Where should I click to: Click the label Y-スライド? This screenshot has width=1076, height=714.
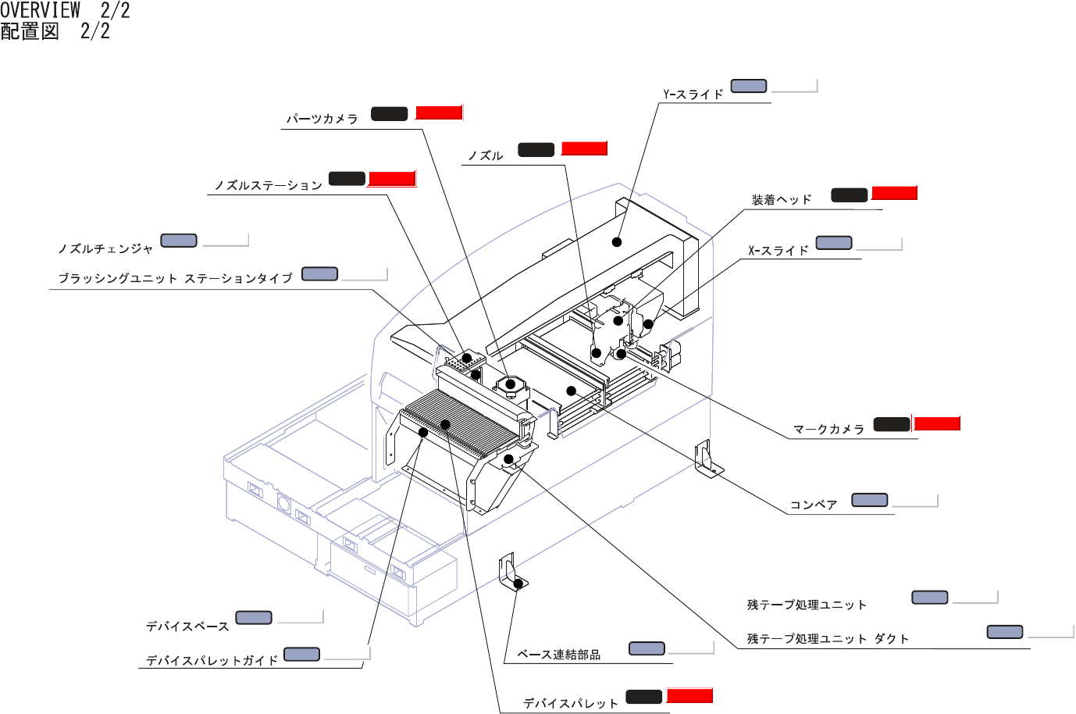click(x=693, y=95)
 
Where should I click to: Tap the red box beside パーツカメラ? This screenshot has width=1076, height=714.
click(x=439, y=112)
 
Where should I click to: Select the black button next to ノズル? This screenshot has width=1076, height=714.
click(x=536, y=149)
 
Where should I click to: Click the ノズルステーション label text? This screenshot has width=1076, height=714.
click(x=268, y=185)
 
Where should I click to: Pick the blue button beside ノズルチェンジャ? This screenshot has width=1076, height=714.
click(x=179, y=241)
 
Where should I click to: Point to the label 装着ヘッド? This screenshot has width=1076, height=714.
click(x=782, y=199)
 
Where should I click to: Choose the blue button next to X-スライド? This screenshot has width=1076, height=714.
click(x=834, y=243)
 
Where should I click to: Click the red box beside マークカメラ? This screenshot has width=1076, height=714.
click(x=937, y=423)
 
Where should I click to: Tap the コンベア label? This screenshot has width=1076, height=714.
click(x=814, y=505)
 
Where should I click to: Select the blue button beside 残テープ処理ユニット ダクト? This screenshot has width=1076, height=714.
click(x=1005, y=632)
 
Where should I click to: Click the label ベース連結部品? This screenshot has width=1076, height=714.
click(x=558, y=655)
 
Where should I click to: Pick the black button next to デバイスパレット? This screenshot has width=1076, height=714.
click(x=643, y=697)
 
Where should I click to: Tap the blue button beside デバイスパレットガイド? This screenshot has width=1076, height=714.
click(x=301, y=654)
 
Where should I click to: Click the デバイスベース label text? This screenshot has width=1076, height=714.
click(x=187, y=627)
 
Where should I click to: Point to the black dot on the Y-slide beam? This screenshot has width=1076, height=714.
click(x=617, y=242)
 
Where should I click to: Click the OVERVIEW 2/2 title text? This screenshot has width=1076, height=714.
click(x=65, y=11)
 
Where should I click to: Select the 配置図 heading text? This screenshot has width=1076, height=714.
click(x=30, y=31)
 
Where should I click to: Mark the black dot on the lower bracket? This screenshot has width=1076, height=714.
click(x=518, y=584)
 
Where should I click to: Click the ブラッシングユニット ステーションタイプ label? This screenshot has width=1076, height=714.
click(x=176, y=278)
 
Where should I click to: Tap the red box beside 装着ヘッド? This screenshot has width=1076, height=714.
click(x=894, y=193)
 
